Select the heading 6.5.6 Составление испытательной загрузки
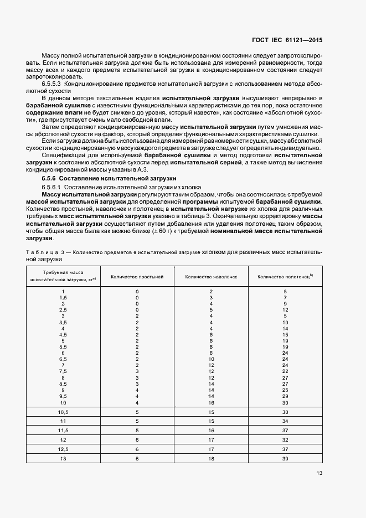tap(109, 179)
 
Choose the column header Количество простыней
tap(137, 276)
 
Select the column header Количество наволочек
tap(211, 276)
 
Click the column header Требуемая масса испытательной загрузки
tap(63, 276)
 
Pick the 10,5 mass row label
tap(63, 412)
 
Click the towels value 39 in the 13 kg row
tap(285, 459)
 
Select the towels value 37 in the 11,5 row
tap(285, 431)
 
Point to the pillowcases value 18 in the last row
tap(211, 459)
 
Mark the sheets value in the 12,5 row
tap(137, 449)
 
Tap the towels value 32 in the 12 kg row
tap(285, 440)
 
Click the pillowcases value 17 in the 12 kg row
tap(211, 440)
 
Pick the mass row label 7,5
tap(63, 371)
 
